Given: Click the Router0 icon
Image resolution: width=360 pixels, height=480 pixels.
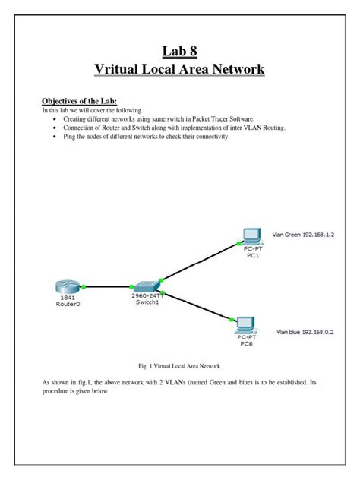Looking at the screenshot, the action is pos(67,286).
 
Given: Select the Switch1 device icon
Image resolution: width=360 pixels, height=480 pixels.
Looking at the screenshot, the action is pos(147,287).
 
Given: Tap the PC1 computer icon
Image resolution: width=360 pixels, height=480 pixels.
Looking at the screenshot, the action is pos(252,237).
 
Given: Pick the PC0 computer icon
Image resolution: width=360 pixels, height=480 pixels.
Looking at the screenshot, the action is pos(245,325).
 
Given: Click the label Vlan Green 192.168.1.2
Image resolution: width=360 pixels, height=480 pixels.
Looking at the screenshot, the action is pos(303,235).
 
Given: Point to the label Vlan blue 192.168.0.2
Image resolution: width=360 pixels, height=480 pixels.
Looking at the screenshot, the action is pos(305,332).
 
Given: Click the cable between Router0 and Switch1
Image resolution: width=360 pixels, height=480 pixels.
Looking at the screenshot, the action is pos(107,287).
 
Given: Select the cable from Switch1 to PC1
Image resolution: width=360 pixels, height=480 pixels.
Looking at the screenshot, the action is pos(200,262).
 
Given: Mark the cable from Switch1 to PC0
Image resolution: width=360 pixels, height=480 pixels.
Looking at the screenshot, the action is pos(197,306).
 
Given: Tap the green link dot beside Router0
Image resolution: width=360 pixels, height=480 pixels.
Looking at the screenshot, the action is pos(84,287).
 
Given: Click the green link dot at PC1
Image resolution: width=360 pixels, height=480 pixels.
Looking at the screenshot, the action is pos(238,243).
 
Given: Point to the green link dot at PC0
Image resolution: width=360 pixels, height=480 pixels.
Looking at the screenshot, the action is pos(232,320).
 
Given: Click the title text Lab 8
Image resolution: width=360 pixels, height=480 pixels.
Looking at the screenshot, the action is pos(180,51).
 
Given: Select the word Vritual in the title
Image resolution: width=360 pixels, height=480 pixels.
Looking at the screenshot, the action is pos(116,68).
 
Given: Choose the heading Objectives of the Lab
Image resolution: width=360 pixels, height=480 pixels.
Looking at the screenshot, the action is pos(80,101).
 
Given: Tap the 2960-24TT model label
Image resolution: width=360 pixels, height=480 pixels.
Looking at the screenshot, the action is pos(147,295).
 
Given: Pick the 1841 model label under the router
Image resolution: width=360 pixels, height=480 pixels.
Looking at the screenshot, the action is pos(68,298).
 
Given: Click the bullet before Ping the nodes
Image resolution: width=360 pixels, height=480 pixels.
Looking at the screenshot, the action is pos(55,137).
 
